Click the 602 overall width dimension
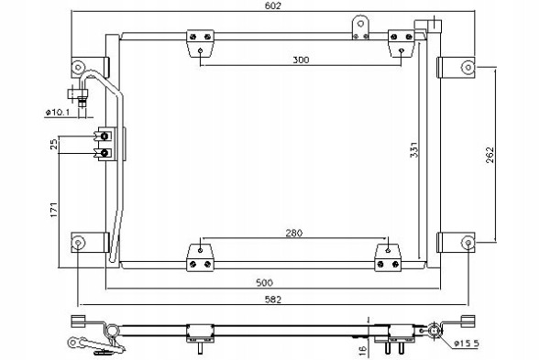(x=273, y=5)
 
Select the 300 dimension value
(x=301, y=60)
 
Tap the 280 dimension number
(x=294, y=234)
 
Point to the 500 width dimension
(x=264, y=282)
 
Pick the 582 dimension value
(x=273, y=300)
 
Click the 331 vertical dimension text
(x=414, y=149)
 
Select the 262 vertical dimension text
(x=490, y=155)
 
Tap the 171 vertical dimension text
(x=54, y=210)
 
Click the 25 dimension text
(x=54, y=144)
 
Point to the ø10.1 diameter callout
(x=58, y=112)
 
